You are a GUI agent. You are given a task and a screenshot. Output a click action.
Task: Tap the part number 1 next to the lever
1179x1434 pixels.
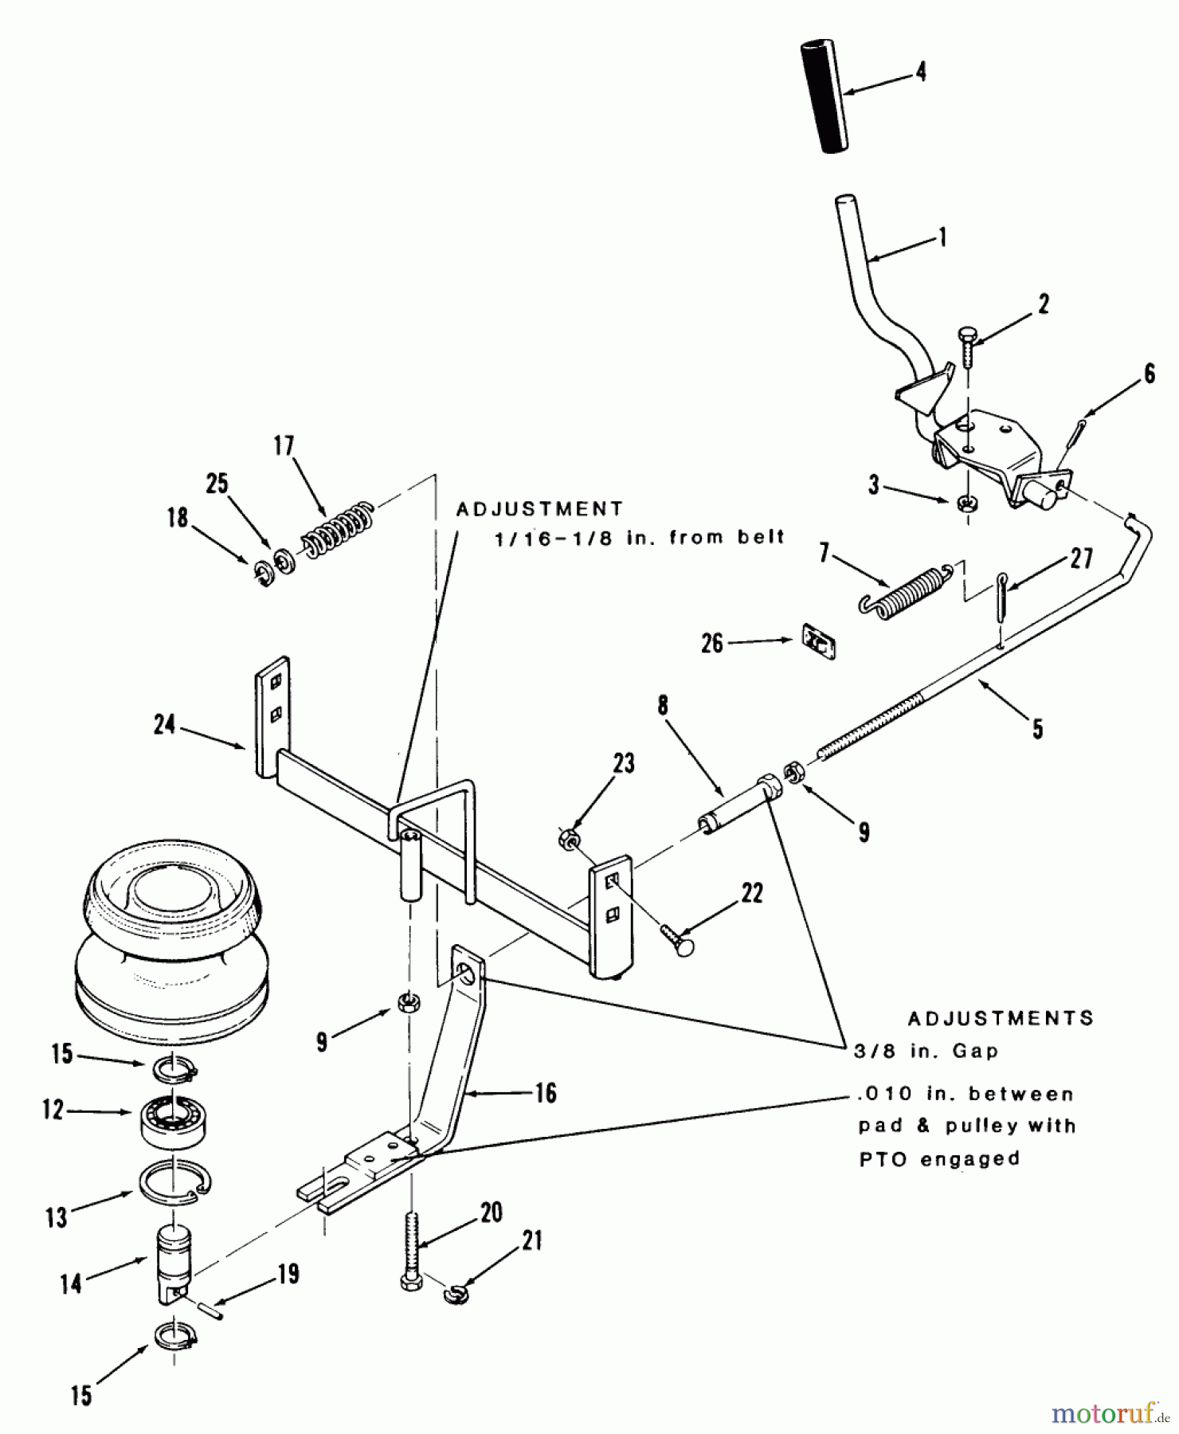pos(942,237)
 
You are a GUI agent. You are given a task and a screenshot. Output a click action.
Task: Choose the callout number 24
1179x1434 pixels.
pos(164,725)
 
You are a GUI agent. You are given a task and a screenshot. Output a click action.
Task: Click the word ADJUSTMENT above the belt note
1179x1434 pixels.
pos(539,508)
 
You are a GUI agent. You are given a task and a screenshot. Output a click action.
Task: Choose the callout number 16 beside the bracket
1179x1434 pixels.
pos(546,1092)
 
